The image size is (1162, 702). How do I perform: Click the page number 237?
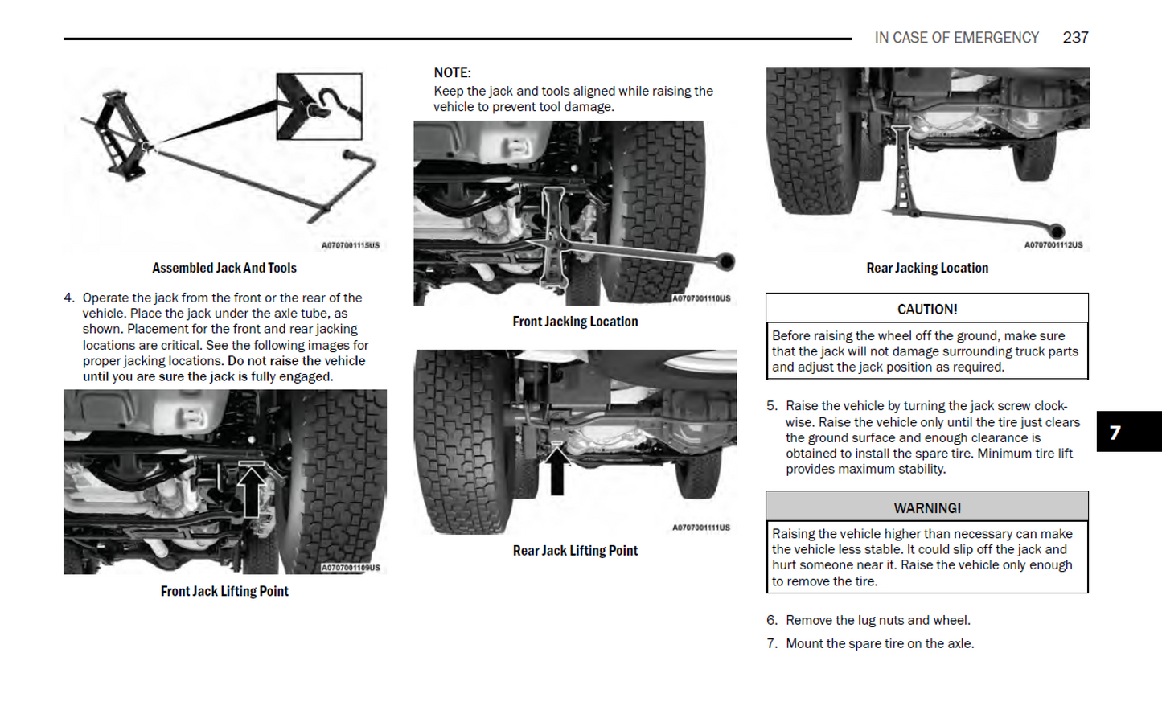(x=1075, y=38)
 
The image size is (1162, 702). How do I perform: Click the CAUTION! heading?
(x=926, y=309)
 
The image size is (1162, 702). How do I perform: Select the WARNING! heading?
(x=926, y=507)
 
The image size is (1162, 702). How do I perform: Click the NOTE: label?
(x=452, y=72)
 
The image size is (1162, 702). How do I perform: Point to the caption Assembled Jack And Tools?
(x=224, y=268)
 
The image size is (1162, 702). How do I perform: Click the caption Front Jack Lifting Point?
(x=224, y=591)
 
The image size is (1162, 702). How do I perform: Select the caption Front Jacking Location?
(x=575, y=322)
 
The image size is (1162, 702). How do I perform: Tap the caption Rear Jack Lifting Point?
(x=575, y=551)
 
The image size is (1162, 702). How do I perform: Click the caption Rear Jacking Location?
(x=926, y=268)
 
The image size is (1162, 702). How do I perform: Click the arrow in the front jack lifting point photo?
(x=252, y=491)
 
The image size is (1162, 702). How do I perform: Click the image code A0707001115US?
(x=350, y=245)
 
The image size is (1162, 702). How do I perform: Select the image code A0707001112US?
(x=1053, y=245)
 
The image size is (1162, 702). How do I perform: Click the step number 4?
(x=69, y=298)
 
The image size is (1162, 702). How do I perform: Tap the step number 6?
(x=772, y=620)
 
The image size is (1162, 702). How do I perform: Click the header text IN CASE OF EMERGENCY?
(x=956, y=38)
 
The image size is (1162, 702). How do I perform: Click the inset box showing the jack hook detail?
(x=319, y=106)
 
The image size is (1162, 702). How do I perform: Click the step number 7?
(x=772, y=643)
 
